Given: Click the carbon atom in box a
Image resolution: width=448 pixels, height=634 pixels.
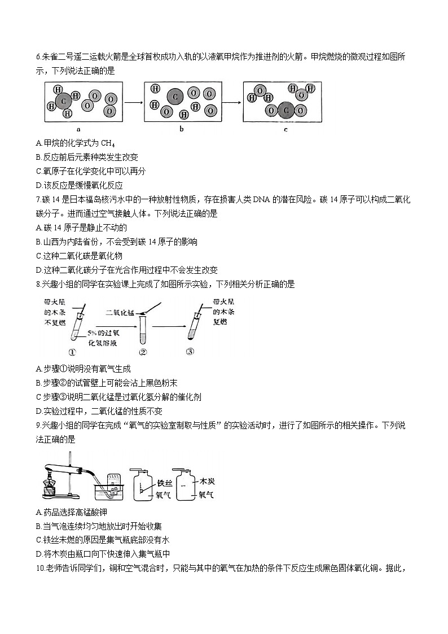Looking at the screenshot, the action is [64, 101].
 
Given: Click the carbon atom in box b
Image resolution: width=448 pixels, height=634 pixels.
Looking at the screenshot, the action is [175, 98].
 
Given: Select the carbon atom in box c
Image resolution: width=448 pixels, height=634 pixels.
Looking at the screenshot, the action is [286, 111].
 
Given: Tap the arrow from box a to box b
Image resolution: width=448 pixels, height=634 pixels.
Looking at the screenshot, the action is [133, 102].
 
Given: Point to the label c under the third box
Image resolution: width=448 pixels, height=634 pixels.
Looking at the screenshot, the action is [285, 129].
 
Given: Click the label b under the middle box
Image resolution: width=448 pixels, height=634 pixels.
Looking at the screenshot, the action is [182, 129].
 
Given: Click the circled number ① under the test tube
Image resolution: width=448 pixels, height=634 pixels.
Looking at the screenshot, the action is [72, 353].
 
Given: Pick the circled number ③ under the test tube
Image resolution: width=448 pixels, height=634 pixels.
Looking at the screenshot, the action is [190, 353].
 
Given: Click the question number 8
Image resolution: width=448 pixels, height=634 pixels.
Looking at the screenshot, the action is [37, 284].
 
